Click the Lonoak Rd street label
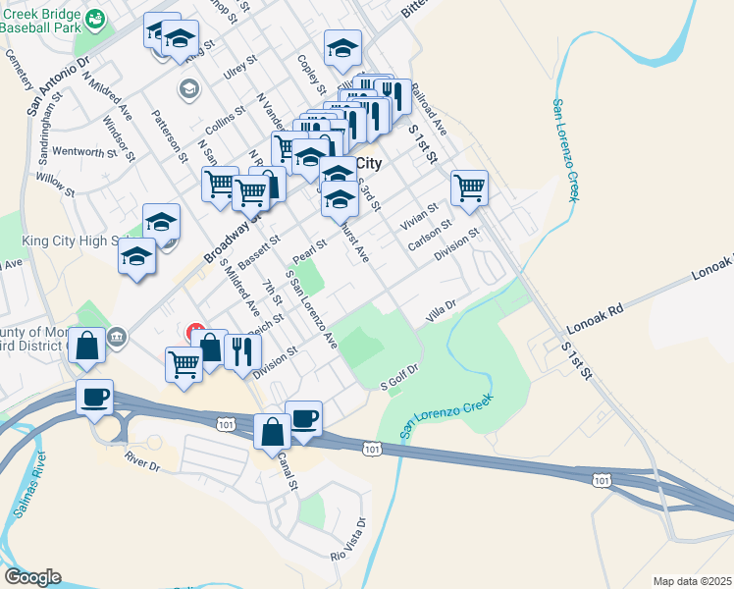(x=595, y=320)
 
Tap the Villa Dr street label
(x=442, y=313)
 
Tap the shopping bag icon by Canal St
(x=272, y=431)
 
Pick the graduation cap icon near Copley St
(x=342, y=47)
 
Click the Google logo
(x=32, y=577)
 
